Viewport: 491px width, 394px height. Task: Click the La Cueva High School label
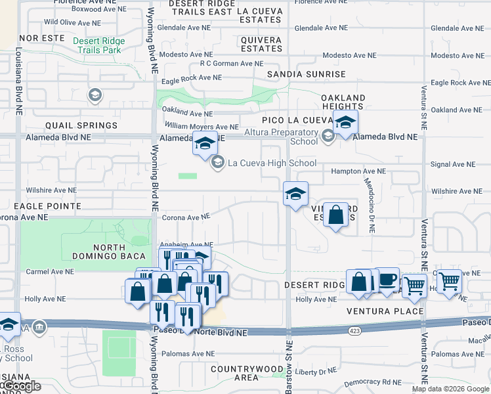272,163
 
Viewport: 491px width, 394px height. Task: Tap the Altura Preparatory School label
290,137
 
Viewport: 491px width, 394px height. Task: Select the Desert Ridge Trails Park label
98,45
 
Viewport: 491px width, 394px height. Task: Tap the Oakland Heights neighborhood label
343,102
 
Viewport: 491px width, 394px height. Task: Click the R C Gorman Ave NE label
231,64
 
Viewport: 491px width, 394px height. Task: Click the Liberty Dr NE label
321,372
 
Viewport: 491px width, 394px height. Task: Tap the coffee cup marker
387,279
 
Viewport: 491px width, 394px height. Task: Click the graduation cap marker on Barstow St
296,194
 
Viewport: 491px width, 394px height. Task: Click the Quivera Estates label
261,44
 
